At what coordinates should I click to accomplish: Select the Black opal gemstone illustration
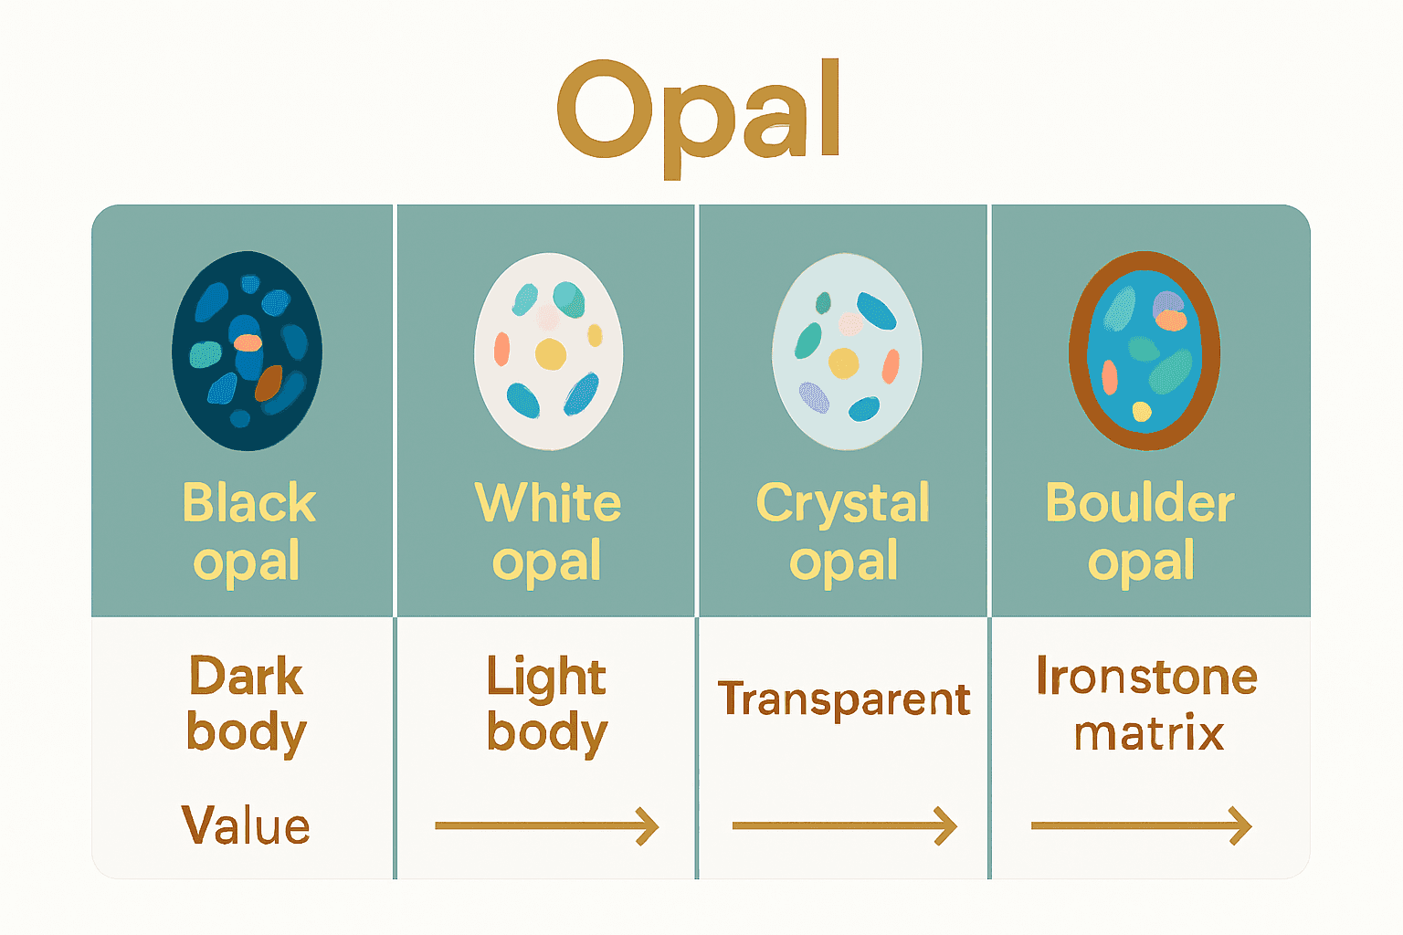(x=247, y=351)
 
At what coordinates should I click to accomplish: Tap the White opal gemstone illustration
(x=548, y=351)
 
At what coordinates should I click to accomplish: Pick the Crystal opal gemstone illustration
(x=846, y=351)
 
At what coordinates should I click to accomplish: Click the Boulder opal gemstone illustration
(x=1144, y=351)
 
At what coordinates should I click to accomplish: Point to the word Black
(x=248, y=502)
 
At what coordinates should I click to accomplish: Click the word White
(x=548, y=502)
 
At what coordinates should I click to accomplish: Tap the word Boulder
(x=1140, y=502)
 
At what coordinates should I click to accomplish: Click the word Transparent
(x=843, y=699)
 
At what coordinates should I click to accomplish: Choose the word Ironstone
(x=1146, y=677)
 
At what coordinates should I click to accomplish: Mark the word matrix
(x=1148, y=733)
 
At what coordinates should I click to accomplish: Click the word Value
(x=246, y=825)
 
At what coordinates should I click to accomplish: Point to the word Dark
(x=246, y=677)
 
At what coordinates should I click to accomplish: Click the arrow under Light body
(x=546, y=825)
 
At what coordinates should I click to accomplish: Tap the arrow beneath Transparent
(x=844, y=825)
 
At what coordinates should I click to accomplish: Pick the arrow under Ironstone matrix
(x=1141, y=825)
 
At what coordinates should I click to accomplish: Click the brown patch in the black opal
(x=269, y=383)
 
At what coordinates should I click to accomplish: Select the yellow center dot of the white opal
(x=551, y=353)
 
